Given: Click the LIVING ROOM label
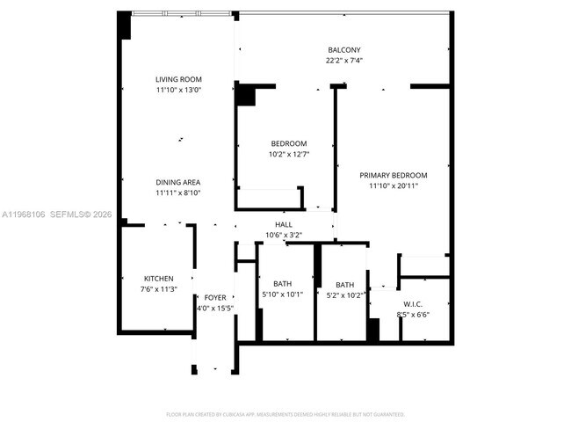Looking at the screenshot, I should pos(178,79).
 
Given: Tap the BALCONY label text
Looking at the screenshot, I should pos(344,50).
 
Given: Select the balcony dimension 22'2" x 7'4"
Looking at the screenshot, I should pos(344,61).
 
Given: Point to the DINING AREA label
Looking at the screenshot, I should pos(178,182).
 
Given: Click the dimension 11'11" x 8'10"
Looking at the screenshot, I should pos(178,193).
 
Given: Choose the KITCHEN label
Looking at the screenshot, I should pos(159,278).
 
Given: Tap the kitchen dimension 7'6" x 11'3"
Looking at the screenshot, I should pos(159,288).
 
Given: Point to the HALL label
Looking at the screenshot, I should pos(284,225).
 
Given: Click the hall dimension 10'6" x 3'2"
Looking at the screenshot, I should pos(284,235).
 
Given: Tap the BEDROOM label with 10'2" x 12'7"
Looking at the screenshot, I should pos(288,143).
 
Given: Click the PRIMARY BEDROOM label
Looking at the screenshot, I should pos(393,175).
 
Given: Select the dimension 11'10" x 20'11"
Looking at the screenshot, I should pos(393,185).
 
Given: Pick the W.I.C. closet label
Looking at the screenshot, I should pos(414,304).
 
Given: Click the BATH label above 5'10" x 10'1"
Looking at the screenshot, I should pos(282,283).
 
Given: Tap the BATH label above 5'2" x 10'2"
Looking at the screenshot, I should pos(344,285).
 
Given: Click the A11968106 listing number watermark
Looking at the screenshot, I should pos(25,214).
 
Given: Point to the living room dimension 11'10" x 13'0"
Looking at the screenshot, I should pos(178,90).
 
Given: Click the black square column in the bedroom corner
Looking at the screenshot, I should pos(245,95).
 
